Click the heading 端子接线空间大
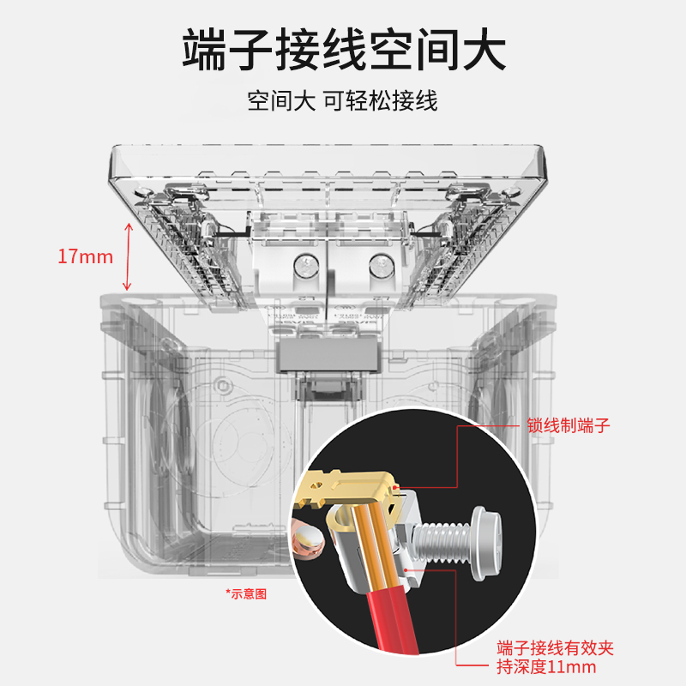pos(343,49)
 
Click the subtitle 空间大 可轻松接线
pos(343,101)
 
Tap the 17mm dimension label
pos(85,256)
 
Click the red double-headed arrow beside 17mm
pos(128,256)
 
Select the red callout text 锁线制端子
pos(569,426)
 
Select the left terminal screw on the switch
pos(302,267)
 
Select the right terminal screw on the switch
pos(378,267)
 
